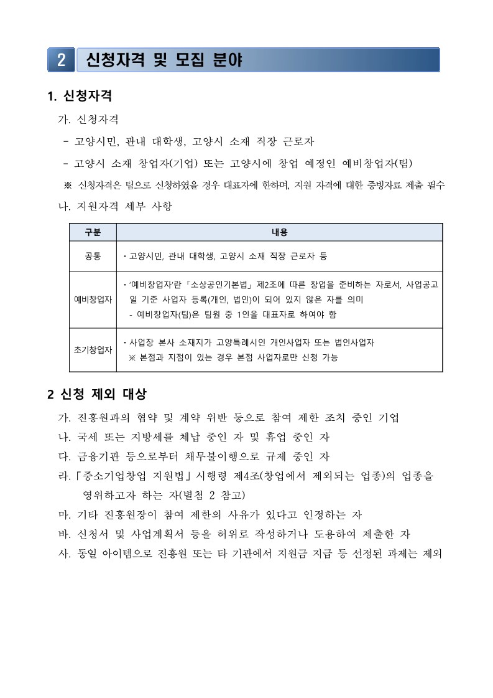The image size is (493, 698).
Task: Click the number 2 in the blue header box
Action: point(62,60)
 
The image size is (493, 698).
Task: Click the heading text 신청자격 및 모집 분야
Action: point(164,60)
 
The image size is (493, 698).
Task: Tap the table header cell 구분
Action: point(93,232)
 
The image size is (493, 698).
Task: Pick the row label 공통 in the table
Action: point(93,256)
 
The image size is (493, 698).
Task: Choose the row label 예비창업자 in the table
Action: point(93,299)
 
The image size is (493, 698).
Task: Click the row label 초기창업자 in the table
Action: point(93,349)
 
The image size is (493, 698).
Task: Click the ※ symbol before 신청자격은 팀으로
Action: point(68,186)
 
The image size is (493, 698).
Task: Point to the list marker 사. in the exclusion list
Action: point(64,554)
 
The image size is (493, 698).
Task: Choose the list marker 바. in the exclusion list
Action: point(64,534)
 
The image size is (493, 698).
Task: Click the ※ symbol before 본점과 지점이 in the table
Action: point(132,357)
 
